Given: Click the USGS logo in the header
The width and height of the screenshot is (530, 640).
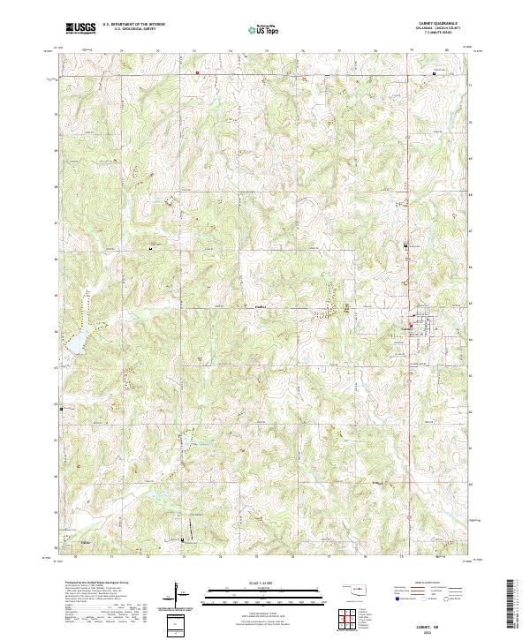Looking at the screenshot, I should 80,27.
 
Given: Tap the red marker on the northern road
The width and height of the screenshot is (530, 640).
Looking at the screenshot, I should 198,72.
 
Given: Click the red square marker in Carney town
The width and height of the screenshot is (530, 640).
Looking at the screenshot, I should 410,326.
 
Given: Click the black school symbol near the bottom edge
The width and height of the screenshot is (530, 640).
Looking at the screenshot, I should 182,540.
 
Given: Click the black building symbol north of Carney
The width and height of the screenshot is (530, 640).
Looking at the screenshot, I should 405,245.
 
